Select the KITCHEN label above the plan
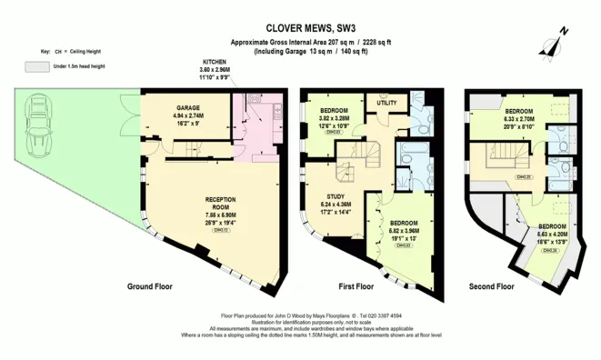point(215,62)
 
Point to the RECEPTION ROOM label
point(221,202)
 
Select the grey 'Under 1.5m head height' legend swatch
point(36,66)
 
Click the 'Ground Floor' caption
point(149,286)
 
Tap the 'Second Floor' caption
point(492,286)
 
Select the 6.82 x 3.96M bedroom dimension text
point(405,231)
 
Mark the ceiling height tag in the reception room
point(221,231)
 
